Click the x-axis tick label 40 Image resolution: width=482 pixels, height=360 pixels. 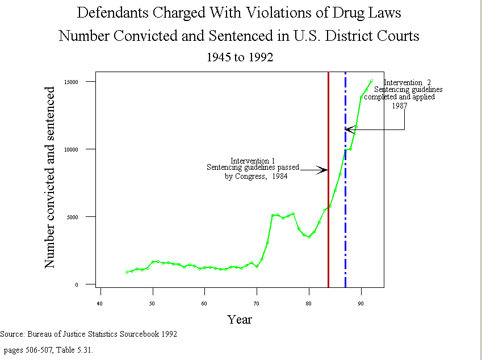point(100,304)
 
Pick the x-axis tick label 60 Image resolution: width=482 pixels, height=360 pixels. point(204,304)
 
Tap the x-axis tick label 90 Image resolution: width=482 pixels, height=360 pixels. point(361,304)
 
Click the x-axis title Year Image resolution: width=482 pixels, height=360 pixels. point(240,319)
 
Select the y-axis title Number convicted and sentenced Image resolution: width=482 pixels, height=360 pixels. point(50,177)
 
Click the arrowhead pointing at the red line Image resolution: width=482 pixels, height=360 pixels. point(324,169)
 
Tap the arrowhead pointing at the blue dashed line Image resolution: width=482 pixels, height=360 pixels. point(349,130)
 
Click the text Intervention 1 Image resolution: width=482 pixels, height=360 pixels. point(253,161)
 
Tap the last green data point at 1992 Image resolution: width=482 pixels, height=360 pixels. point(371,81)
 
